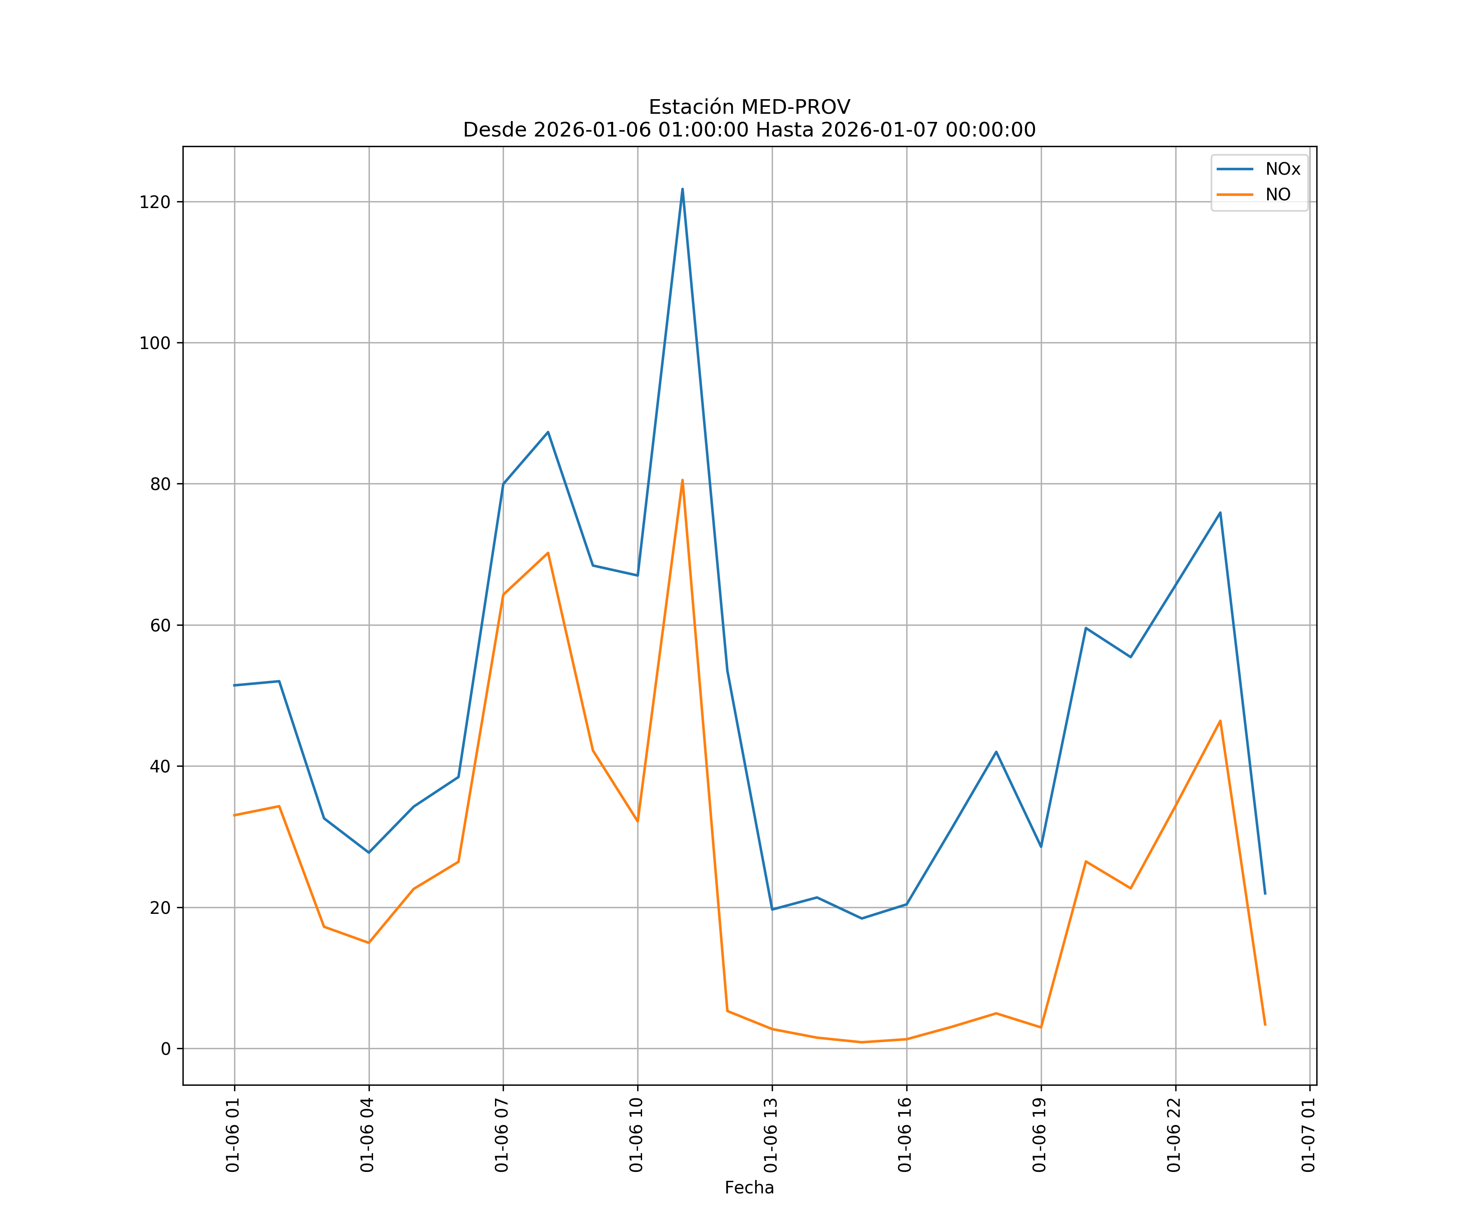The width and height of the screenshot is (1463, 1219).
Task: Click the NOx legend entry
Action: coord(1282,169)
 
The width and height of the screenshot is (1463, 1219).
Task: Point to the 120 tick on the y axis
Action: coord(155,202)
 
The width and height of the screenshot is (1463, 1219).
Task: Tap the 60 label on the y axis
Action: coord(160,625)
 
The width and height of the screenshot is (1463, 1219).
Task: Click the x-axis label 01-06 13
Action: coord(771,1135)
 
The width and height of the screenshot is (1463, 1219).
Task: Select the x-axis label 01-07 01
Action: coord(1308,1135)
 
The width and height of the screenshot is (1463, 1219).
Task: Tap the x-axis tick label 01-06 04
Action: coord(367,1135)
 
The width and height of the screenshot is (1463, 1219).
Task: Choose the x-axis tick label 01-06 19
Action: coord(1040,1135)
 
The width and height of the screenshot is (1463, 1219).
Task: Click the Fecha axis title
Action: coord(749,1188)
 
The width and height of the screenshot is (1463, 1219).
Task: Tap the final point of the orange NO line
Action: coord(1265,1025)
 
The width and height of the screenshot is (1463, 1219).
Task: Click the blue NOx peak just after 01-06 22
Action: coord(1220,513)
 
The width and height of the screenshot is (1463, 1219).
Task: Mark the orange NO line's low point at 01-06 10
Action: coord(638,821)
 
